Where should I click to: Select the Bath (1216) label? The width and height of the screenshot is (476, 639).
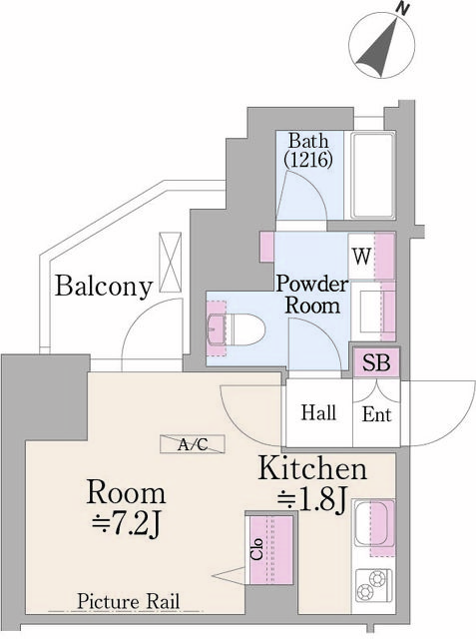308,150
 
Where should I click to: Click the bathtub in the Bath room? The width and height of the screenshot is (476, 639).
375,174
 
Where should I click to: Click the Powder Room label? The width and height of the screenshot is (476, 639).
311,295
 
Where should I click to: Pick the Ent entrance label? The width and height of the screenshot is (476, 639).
376,414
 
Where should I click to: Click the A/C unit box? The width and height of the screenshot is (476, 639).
193,445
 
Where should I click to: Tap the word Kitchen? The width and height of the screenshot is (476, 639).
313,468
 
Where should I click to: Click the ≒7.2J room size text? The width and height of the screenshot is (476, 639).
126,523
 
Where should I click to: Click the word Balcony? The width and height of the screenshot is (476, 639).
104,288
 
